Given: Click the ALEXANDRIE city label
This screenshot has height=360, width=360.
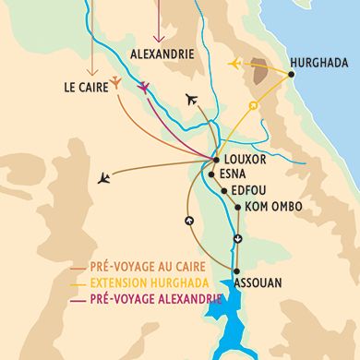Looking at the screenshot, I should click(163, 54).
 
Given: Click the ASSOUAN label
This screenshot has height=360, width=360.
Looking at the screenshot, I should click(259, 283).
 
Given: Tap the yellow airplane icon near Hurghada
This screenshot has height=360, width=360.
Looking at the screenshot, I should click(235, 64).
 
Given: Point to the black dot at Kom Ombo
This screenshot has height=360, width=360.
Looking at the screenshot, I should click(238, 208).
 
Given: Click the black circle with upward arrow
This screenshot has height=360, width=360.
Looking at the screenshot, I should click(189, 221).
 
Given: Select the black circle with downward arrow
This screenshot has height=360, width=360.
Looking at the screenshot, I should click(238, 240).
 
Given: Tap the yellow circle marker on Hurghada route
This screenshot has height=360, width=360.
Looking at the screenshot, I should click(252, 106).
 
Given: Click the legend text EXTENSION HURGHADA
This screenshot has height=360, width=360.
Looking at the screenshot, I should click(149, 283).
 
